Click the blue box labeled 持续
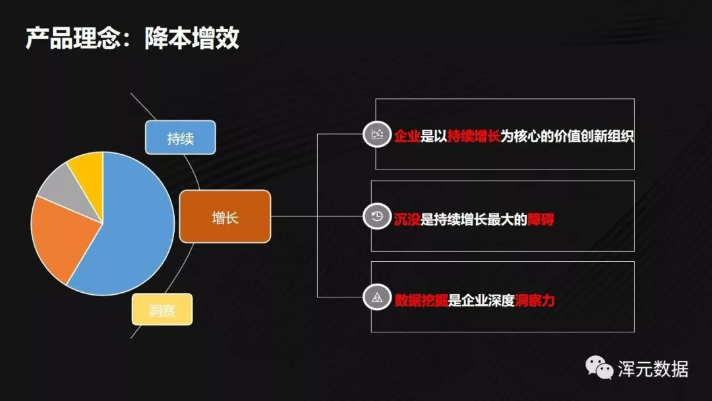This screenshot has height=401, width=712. (180, 137)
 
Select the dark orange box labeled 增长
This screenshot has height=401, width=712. (225, 216)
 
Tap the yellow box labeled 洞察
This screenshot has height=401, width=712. (162, 309)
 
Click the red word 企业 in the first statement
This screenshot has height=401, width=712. (407, 137)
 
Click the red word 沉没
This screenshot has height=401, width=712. (407, 218)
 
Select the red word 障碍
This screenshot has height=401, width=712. (541, 218)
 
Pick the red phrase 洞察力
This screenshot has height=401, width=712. (535, 300)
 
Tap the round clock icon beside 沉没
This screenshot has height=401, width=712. (376, 216)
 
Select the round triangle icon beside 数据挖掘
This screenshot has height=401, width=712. (376, 298)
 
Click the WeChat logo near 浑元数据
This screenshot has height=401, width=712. (600, 367)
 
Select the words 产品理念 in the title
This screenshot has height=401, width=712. (73, 38)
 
